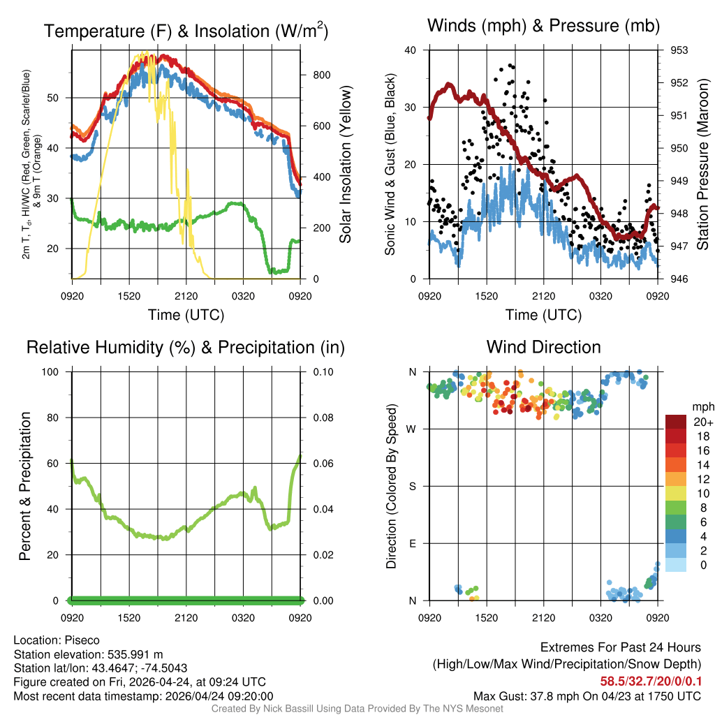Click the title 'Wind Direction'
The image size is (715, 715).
[x=543, y=347]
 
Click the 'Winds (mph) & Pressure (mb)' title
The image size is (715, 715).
[x=543, y=26]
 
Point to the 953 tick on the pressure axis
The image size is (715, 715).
[x=679, y=50]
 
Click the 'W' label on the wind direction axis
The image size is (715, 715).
[x=413, y=429]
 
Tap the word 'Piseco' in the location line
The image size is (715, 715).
[x=82, y=640]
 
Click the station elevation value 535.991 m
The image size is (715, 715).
[x=135, y=654]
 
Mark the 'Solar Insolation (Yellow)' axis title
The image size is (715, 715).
[x=345, y=165]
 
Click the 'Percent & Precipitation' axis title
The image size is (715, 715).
[x=25, y=486]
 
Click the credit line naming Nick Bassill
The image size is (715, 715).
[x=357, y=709]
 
